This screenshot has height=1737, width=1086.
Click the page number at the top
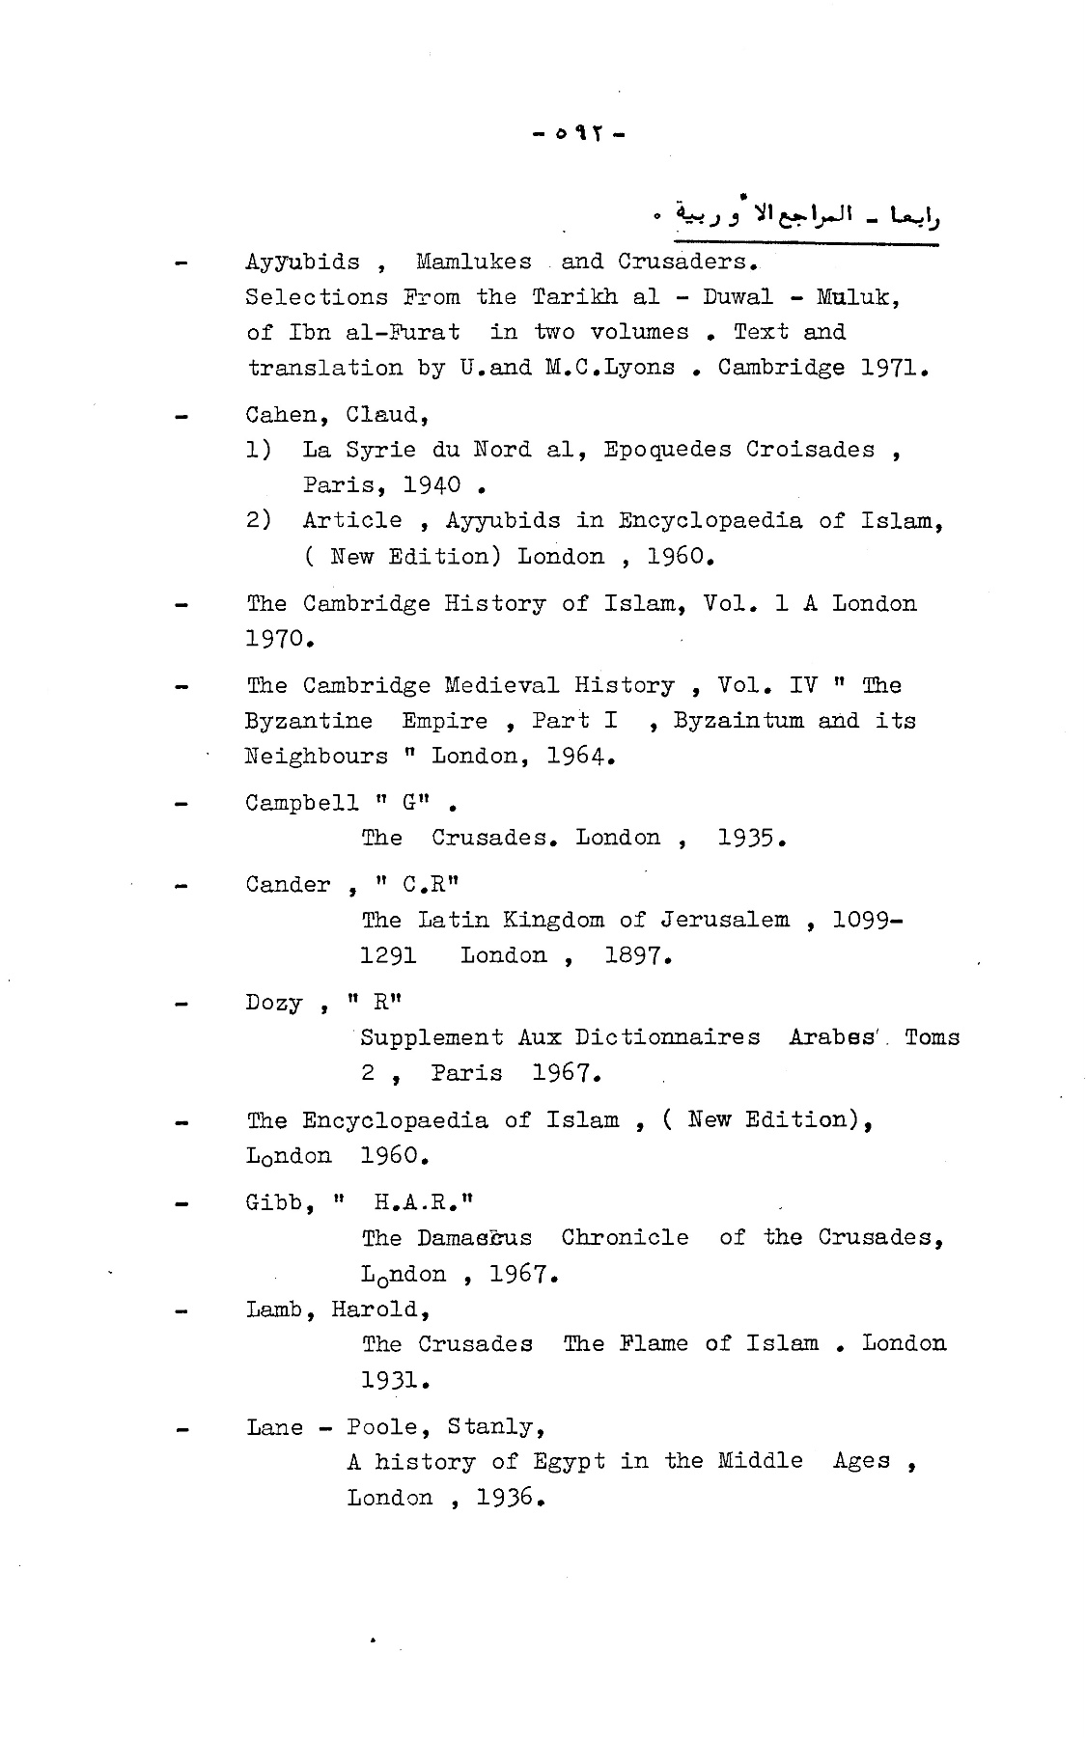[578, 134]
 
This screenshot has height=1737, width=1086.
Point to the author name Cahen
[281, 416]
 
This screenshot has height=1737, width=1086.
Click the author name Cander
[288, 885]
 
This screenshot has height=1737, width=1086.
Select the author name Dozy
[274, 1004]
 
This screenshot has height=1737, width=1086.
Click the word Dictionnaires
[667, 1038]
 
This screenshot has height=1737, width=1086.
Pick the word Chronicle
[625, 1238]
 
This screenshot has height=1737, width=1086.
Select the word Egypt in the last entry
[570, 1462]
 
